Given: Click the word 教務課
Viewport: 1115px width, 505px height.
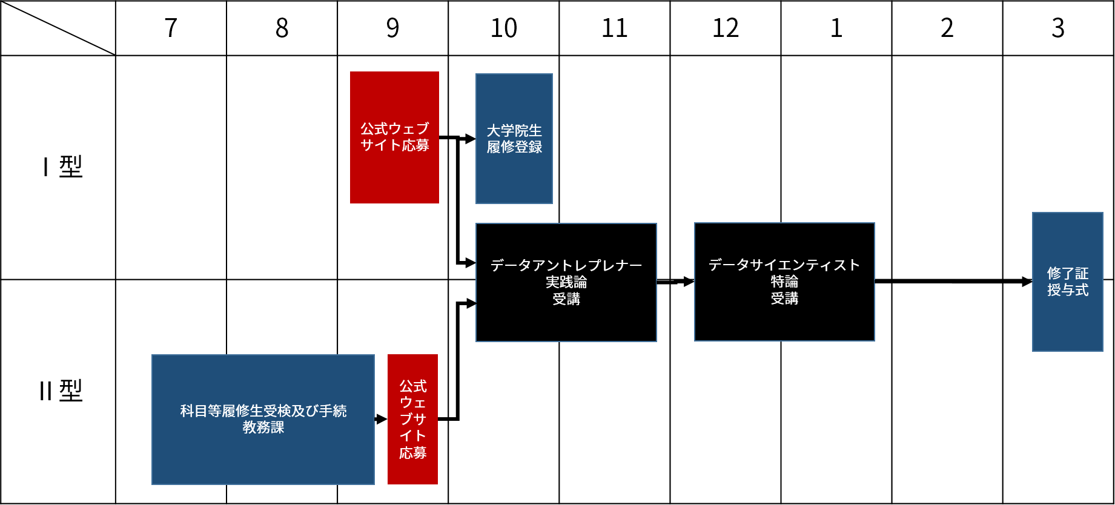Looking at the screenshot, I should (x=263, y=427).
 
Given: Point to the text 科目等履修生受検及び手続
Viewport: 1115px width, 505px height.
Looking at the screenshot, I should (x=263, y=411).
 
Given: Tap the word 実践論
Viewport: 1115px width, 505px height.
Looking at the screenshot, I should (x=566, y=282).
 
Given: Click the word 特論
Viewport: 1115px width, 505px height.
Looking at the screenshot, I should (x=784, y=282).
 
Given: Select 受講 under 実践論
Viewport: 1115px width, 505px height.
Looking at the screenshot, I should (x=566, y=299).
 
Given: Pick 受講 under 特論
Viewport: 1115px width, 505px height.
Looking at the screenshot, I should (x=784, y=299).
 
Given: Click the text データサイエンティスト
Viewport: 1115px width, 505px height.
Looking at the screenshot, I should (x=784, y=265).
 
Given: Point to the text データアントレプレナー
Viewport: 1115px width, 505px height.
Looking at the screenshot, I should (x=566, y=265).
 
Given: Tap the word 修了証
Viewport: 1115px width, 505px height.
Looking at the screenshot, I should (x=1067, y=274).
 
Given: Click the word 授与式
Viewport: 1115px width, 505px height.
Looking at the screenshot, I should (x=1067, y=290).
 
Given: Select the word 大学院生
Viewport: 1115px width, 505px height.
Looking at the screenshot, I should (x=514, y=131).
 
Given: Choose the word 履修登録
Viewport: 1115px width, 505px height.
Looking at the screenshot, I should (x=514, y=147).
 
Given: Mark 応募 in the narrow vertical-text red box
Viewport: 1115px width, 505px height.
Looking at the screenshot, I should (x=412, y=453).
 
